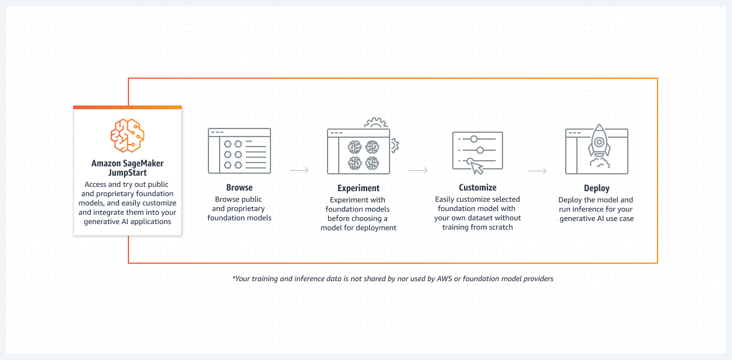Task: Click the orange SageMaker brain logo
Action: [127, 136]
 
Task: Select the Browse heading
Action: [239, 187]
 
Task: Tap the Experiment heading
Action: [359, 188]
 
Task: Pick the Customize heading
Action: [478, 187]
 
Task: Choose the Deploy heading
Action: [596, 188]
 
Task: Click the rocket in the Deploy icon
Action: [599, 142]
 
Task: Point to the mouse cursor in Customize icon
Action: [475, 166]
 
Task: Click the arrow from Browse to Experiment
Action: [299, 170]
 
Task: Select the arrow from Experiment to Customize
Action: [418, 170]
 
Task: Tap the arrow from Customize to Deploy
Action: [537, 170]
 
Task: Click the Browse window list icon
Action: [239, 151]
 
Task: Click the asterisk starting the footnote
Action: [234, 278]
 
